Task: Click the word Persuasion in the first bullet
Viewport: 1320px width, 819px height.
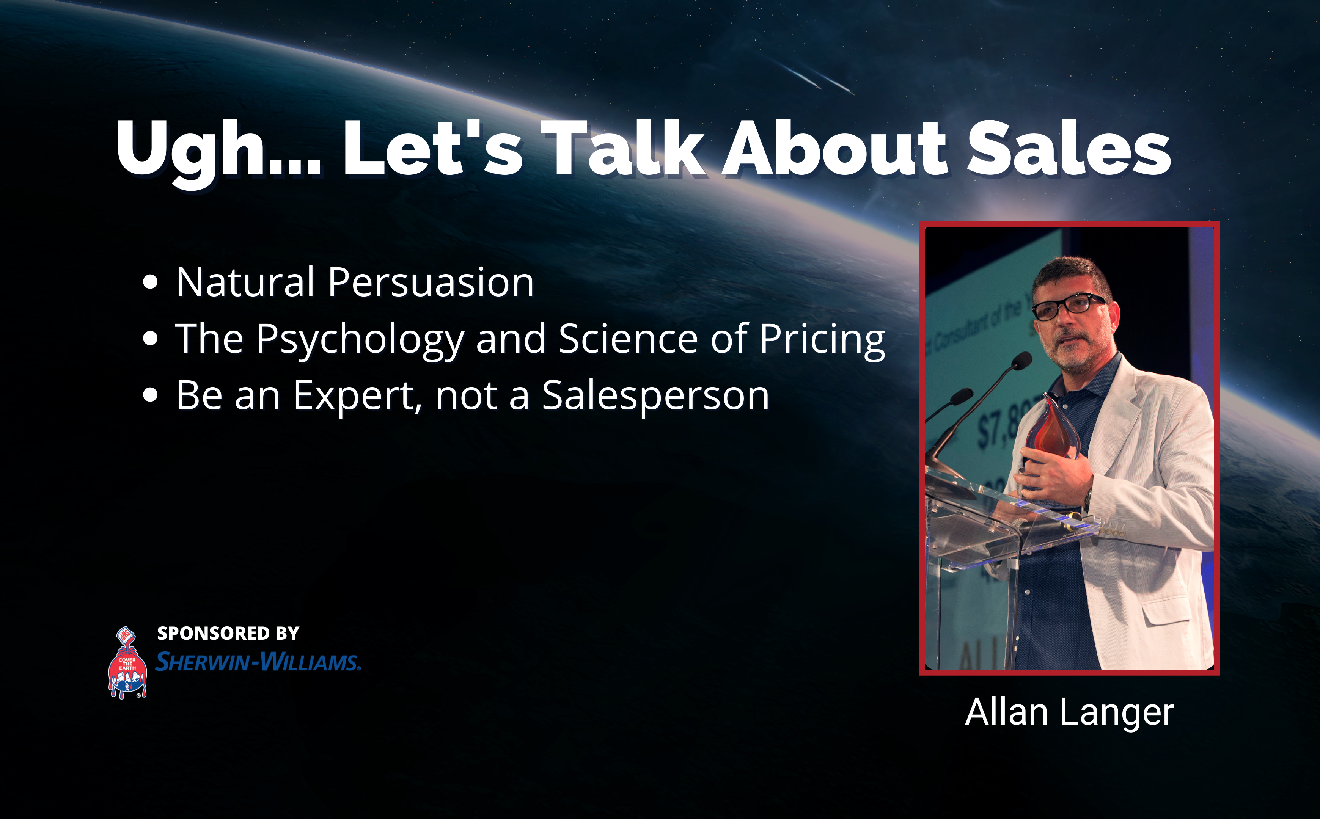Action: click(x=431, y=283)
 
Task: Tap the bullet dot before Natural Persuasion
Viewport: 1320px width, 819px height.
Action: click(x=150, y=283)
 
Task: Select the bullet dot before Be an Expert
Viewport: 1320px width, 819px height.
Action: click(x=150, y=395)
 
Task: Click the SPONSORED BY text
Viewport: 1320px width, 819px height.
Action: click(x=228, y=633)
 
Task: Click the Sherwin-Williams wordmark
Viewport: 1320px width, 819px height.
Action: click(x=258, y=662)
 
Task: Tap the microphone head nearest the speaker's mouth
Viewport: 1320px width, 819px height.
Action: click(x=1022, y=360)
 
